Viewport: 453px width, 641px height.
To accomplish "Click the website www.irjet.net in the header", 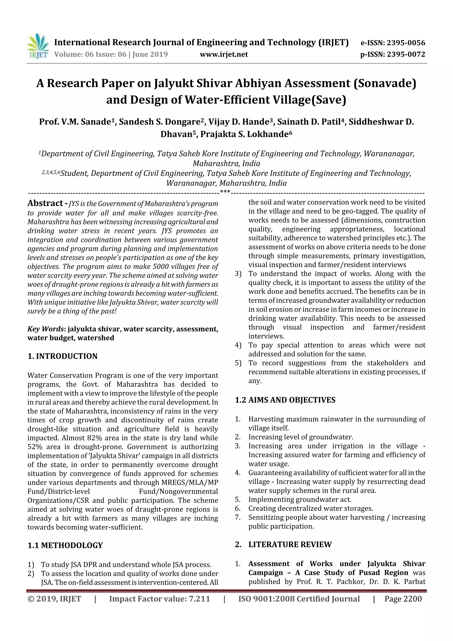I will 224,54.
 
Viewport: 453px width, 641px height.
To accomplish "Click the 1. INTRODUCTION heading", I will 63,356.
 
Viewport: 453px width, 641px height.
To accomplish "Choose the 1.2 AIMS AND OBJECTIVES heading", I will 285,400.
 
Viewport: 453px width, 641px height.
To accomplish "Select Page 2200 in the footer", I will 403,599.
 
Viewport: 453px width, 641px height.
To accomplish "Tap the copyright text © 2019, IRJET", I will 54,599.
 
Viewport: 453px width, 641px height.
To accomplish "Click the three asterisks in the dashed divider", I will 225,192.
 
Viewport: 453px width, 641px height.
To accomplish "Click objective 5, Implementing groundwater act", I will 300,499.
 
